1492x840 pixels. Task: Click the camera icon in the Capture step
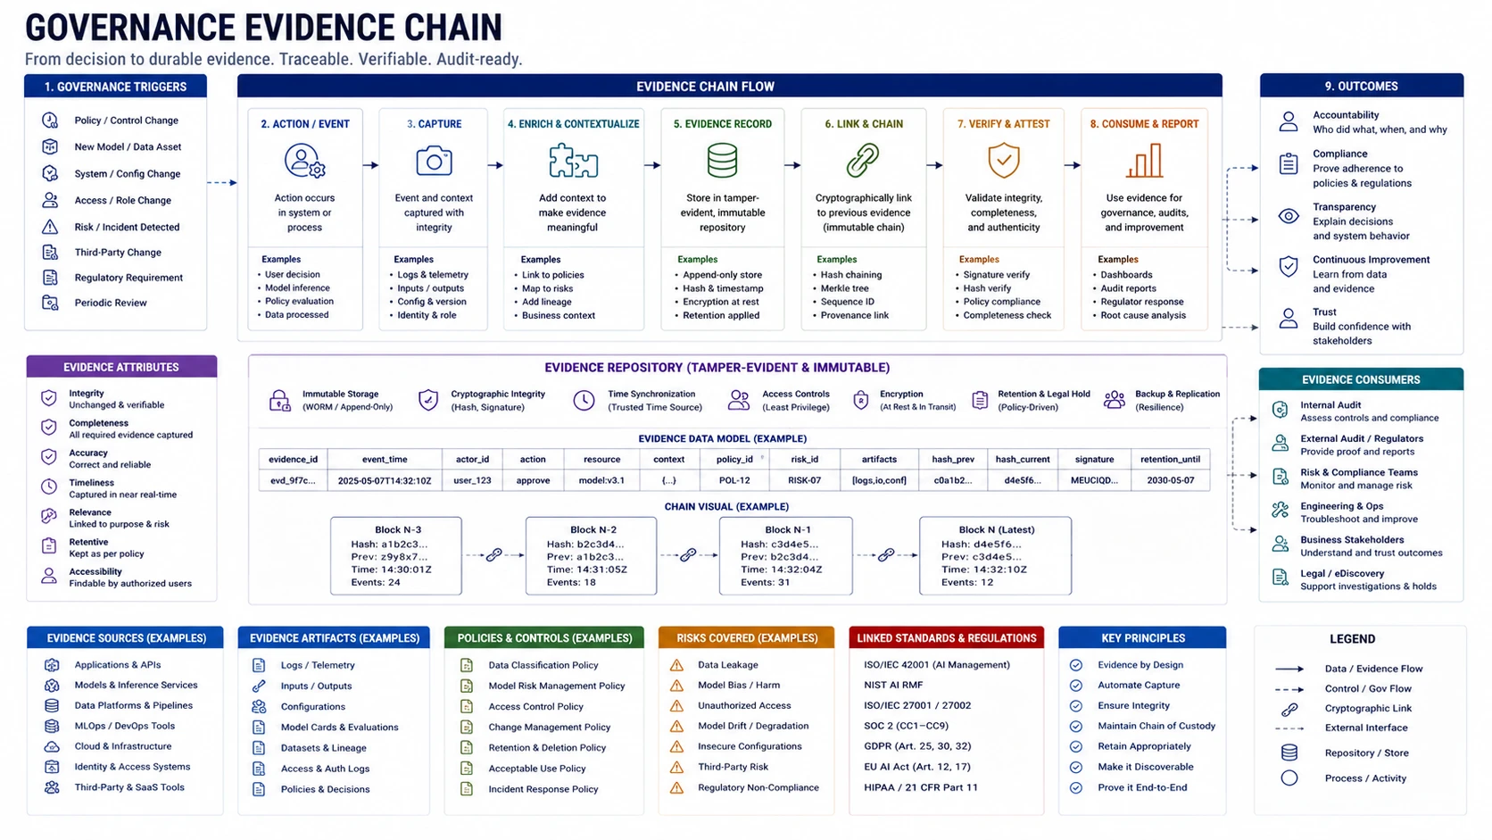click(434, 161)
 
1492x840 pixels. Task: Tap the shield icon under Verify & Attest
click(1004, 160)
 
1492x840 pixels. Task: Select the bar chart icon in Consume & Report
click(1144, 161)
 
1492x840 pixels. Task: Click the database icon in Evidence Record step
click(722, 161)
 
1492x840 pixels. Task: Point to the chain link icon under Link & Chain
click(863, 160)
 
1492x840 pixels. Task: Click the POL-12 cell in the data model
click(734, 480)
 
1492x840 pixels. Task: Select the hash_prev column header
click(953, 459)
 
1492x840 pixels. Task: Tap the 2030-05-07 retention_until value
click(1170, 480)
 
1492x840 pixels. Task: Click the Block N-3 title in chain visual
click(398, 529)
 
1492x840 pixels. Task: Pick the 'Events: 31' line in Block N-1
click(766, 582)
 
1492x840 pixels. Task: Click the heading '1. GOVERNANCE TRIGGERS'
click(115, 87)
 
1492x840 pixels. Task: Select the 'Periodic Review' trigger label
click(111, 303)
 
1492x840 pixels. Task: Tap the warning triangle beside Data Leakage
click(676, 665)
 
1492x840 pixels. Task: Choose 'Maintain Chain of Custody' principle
click(1157, 726)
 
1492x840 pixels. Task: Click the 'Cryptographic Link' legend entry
click(1368, 708)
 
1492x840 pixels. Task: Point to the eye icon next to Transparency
click(1289, 217)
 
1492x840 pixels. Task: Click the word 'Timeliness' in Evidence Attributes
click(91, 482)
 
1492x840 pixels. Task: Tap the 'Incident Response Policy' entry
click(543, 789)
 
